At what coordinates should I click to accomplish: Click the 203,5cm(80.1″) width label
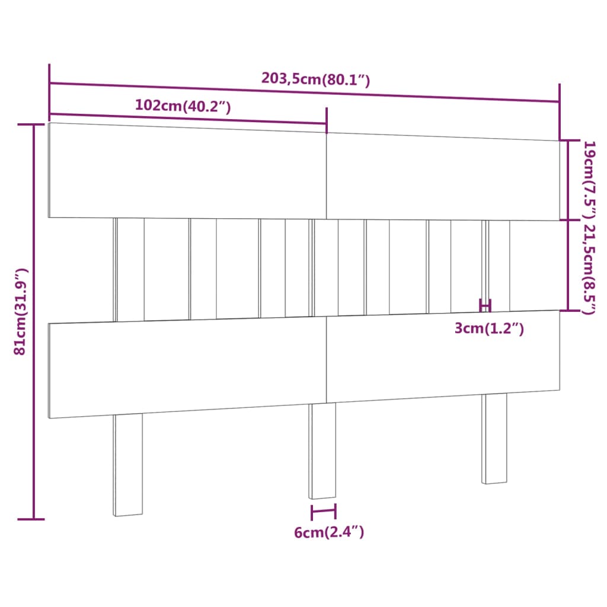point(315,79)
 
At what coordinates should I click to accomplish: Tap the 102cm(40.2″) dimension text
point(183,106)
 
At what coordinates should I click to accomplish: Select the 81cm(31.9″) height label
point(21,312)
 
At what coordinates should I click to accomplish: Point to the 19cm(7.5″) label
point(589,178)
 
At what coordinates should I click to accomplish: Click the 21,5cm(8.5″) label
point(589,268)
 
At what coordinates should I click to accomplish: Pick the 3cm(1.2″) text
point(489,328)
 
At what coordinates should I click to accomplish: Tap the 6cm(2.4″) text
point(329,532)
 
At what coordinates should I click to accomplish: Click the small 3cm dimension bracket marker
point(485,306)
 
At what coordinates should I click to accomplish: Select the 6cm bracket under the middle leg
point(323,511)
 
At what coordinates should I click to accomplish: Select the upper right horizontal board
point(442,178)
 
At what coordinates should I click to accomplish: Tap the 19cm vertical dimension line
point(568,180)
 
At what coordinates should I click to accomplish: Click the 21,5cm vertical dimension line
point(568,266)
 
